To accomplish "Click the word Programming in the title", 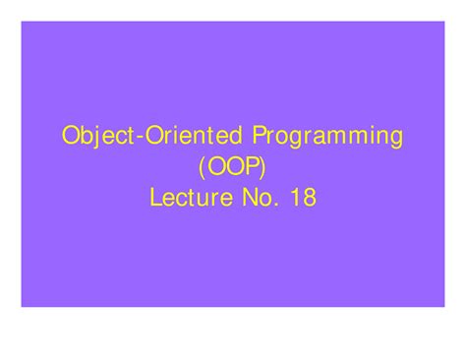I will click(x=329, y=136).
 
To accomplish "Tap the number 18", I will click(x=301, y=198).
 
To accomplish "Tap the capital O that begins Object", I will click(x=72, y=135).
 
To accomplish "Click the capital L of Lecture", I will click(x=156, y=198).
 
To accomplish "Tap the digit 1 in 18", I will click(x=293, y=198).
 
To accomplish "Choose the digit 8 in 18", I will click(x=309, y=198).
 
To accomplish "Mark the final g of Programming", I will click(x=395, y=139).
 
